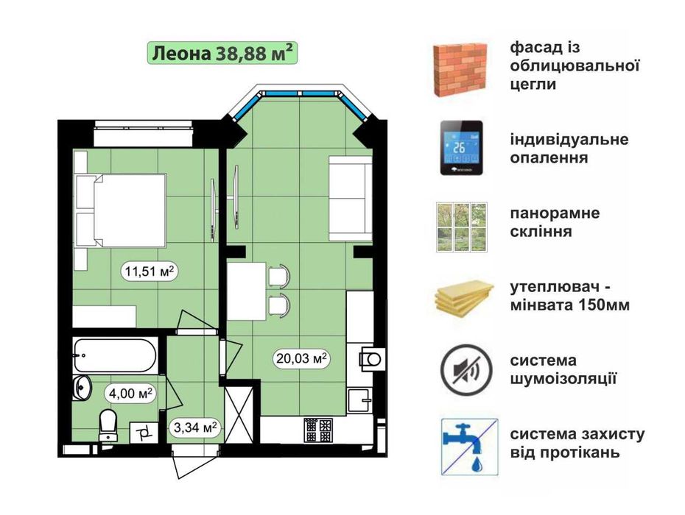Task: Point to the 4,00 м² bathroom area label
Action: (x=129, y=393)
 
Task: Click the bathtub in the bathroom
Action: (x=115, y=355)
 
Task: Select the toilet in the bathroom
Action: (x=109, y=425)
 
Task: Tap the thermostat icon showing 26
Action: (x=462, y=148)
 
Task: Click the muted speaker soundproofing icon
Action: (x=462, y=370)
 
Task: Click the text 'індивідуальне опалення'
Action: (x=569, y=149)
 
